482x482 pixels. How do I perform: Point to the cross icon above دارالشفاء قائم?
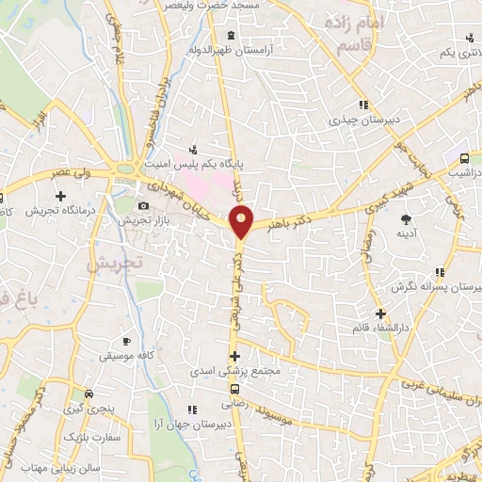click(x=380, y=313)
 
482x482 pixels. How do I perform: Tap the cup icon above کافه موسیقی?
click(x=127, y=340)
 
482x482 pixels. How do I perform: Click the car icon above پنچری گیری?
click(x=88, y=394)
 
